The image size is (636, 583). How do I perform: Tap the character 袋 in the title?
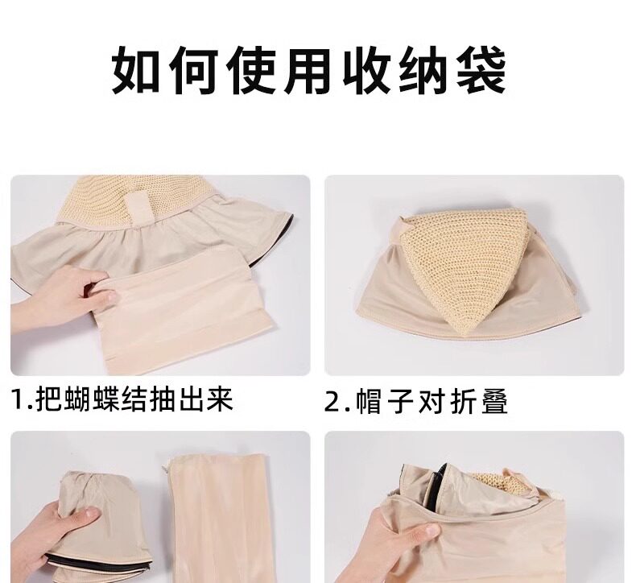[481, 70]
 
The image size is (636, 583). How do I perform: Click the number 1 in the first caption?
[18, 399]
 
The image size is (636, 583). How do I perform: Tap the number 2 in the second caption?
[332, 403]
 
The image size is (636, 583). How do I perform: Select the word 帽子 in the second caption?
[384, 403]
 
